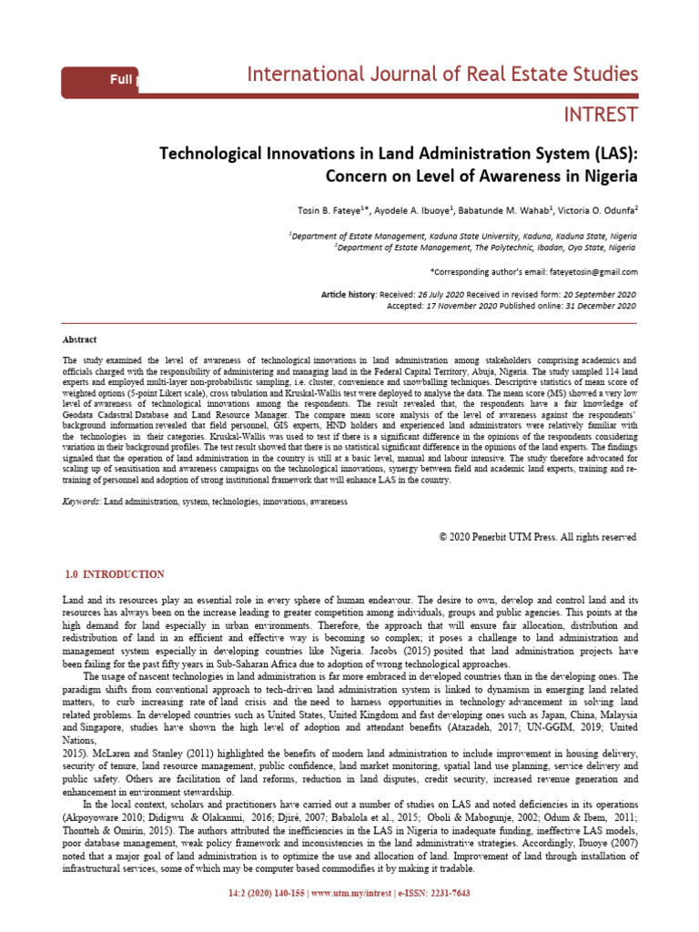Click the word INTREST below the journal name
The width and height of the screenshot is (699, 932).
coord(601,115)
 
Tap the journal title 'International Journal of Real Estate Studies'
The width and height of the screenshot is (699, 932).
coord(442,74)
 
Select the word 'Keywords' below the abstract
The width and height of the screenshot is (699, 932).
coord(81,501)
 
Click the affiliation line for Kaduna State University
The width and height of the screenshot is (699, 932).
coord(463,235)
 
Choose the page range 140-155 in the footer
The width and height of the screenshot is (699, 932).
coord(284,918)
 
